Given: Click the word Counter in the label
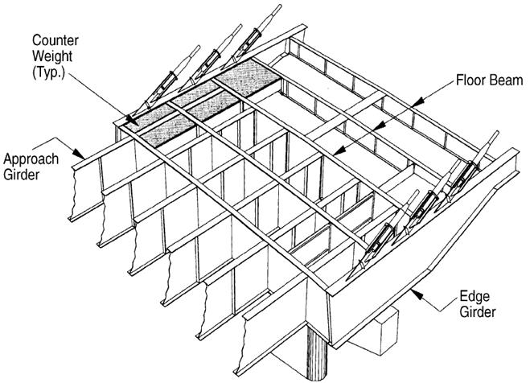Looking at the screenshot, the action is [55, 40].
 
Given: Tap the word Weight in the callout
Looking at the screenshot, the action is [52, 56].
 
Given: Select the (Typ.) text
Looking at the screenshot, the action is [48, 72].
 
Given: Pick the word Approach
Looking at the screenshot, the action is [31, 159].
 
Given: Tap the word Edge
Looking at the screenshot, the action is [475, 297].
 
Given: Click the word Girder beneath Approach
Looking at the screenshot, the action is [21, 175].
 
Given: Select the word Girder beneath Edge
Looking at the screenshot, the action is [478, 312].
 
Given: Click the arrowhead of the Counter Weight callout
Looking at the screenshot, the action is [131, 120].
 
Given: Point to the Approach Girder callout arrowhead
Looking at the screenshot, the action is [80, 154].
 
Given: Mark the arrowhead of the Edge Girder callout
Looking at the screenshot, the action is [417, 294].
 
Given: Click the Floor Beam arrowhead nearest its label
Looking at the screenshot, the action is [418, 101].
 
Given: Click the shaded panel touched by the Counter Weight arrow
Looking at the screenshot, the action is [148, 116].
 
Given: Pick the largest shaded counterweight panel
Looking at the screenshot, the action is [248, 77].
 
